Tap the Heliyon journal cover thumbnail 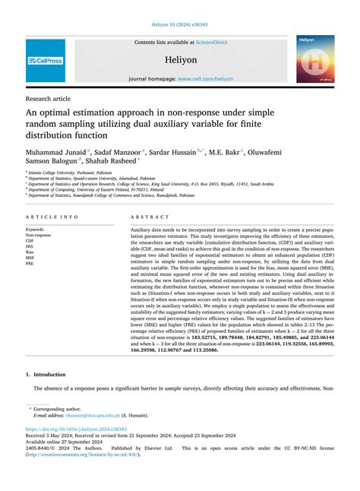click(x=315, y=59)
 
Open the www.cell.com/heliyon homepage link click(x=205, y=78)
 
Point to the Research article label click(x=48, y=98)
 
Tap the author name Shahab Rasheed click(x=109, y=161)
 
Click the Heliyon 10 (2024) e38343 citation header click(x=179, y=23)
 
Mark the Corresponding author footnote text click(x=63, y=408)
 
